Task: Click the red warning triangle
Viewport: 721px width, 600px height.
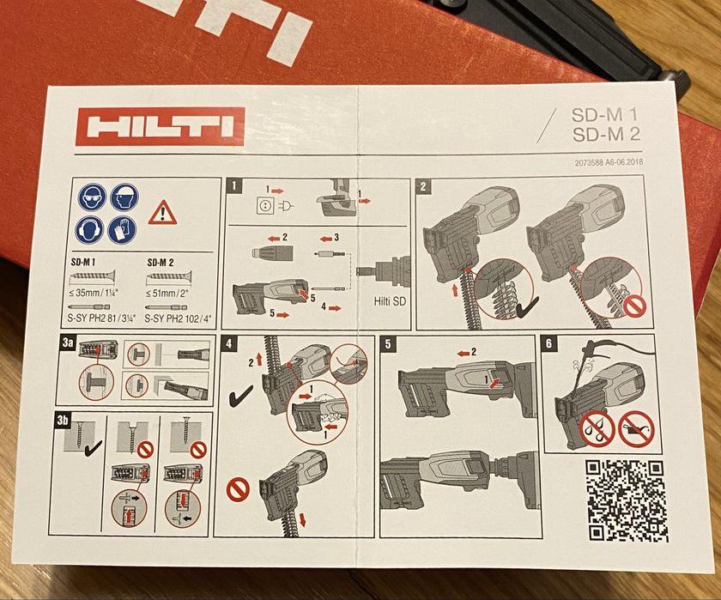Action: pyautogui.click(x=162, y=212)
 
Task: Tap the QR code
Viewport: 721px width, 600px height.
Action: pyautogui.click(x=626, y=500)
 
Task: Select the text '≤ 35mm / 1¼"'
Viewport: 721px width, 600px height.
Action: pyautogui.click(x=94, y=292)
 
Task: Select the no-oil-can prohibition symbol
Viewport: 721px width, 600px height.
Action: pyautogui.click(x=635, y=427)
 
